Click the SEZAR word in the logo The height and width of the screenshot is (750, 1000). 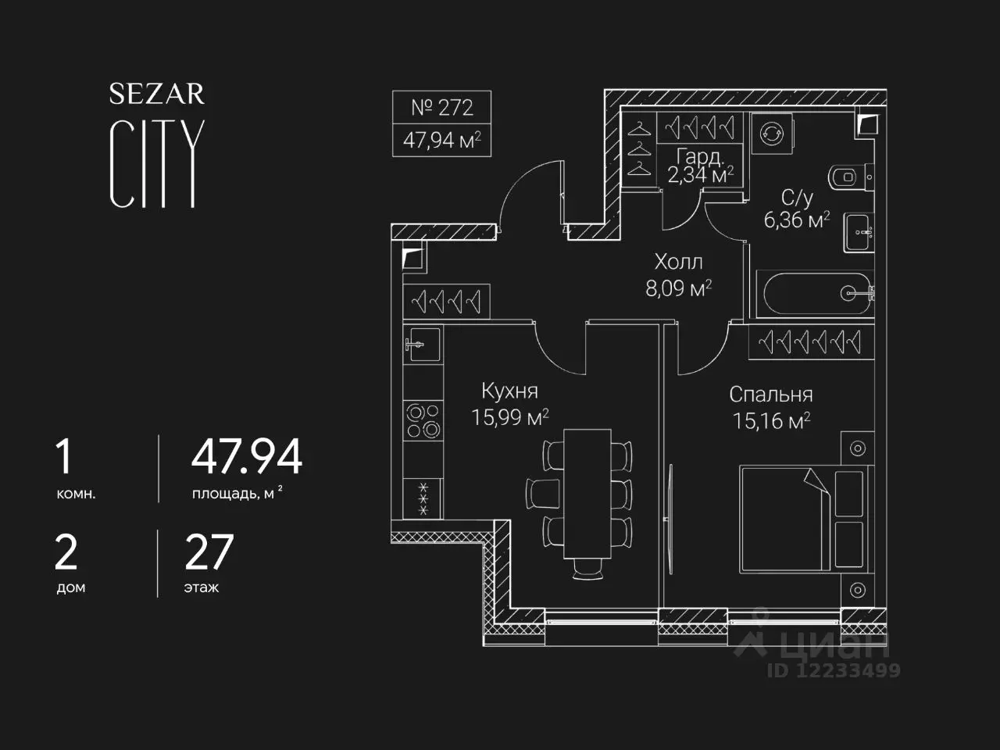point(157,94)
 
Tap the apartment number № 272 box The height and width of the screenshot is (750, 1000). point(441,108)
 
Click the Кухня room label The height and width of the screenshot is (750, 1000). point(510,391)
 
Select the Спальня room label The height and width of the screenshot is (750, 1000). point(771,395)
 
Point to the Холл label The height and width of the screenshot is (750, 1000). point(678,262)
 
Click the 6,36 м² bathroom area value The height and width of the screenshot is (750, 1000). point(796,220)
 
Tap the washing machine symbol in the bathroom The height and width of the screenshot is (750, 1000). point(772,134)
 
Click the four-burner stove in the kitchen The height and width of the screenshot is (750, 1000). point(423,420)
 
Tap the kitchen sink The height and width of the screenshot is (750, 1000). point(423,345)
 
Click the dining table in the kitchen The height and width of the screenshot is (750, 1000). point(587,494)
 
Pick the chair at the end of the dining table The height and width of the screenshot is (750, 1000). point(587,570)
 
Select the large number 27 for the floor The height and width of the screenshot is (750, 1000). point(209,552)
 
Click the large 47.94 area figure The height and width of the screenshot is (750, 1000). point(246,456)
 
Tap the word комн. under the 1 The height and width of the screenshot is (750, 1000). point(76,494)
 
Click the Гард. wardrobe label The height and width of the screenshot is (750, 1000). point(700,157)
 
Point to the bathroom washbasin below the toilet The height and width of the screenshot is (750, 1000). point(859,232)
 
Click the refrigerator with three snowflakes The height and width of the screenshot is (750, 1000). point(423,498)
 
